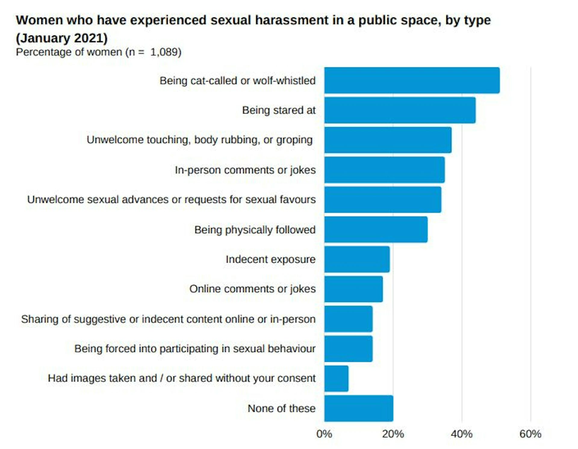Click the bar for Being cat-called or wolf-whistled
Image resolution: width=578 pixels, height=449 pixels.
pos(412,80)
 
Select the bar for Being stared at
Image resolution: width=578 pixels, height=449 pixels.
pos(400,110)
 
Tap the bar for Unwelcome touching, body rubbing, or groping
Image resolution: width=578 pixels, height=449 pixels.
pos(388,140)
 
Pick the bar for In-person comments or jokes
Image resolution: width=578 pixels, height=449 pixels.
pos(384,170)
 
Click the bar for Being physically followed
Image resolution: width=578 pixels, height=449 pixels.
pos(376,229)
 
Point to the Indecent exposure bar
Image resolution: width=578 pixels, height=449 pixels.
pos(357,259)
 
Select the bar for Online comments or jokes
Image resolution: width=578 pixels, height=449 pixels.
pos(353,289)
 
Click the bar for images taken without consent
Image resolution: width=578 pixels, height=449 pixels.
pos(336,379)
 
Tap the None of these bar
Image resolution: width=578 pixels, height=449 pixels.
pos(359,408)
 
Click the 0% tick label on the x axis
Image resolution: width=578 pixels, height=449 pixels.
pos(324,434)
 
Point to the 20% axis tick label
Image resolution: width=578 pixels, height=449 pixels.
pos(393,434)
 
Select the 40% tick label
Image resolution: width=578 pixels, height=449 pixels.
pos(461,434)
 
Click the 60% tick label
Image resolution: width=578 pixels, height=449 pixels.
pos(530,434)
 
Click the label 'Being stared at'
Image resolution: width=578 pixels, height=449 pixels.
pos(279,110)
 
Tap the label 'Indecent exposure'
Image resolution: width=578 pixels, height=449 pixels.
pos(270,259)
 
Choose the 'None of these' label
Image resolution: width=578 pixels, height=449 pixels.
pos(281,408)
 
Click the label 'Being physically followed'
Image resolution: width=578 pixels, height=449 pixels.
pos(255,230)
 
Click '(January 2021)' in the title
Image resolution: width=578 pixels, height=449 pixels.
pos(62,38)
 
